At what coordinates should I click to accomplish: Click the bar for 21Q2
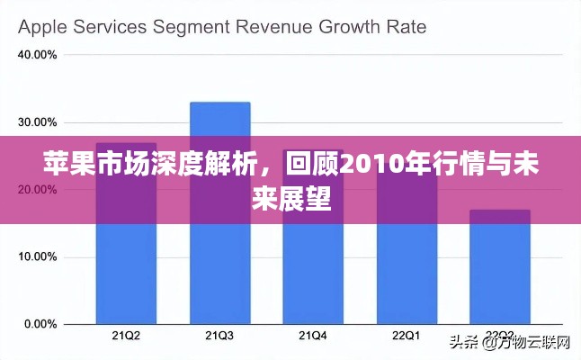point(126,270)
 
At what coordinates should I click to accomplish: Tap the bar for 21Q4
point(313,270)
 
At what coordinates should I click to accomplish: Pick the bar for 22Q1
point(406,270)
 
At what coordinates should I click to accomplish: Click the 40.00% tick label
point(39,55)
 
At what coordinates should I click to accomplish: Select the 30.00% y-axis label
point(39,122)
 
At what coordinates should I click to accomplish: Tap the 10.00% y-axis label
point(39,256)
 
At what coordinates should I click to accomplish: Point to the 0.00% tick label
point(41,324)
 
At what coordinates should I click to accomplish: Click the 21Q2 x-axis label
point(126,336)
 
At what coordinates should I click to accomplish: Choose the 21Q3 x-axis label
point(219,336)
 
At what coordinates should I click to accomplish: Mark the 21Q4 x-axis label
point(313,336)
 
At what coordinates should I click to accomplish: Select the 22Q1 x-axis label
point(406,336)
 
